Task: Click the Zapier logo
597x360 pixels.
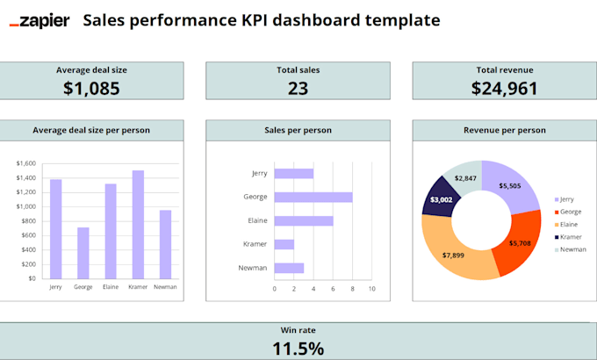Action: (39, 20)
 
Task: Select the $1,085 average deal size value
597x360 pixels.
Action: (91, 88)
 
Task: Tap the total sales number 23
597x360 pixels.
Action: (298, 88)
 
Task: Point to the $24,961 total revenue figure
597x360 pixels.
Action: (505, 88)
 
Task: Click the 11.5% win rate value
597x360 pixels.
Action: (298, 348)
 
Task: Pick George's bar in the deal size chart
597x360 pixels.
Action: (83, 253)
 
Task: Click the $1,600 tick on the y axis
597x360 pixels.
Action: (26, 163)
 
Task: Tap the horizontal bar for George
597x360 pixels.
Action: (313, 197)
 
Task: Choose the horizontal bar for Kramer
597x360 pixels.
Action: (284, 244)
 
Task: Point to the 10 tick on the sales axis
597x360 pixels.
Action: (371, 288)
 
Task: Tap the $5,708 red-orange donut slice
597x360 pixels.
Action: (520, 243)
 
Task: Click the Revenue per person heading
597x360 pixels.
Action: (505, 130)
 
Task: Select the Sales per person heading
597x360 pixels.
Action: (298, 130)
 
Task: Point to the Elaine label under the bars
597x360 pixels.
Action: (111, 287)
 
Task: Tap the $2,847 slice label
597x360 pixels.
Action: (465, 178)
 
